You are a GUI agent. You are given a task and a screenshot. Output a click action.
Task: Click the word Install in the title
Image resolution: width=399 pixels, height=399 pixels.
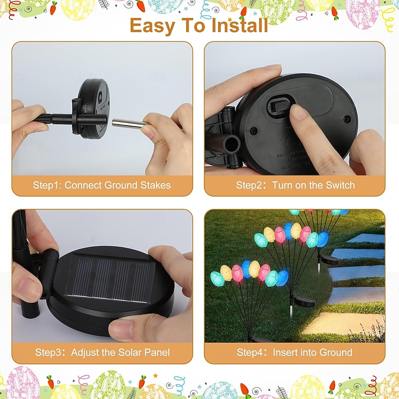pyautogui.click(x=240, y=25)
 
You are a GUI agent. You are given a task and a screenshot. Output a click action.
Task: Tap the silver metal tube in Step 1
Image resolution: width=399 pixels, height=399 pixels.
pyautogui.click(x=130, y=124)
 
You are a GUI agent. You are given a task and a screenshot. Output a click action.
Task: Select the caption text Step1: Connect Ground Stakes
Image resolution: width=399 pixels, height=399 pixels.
pyautogui.click(x=102, y=185)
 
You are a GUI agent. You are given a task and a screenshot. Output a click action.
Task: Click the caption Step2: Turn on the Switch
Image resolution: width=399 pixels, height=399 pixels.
pyautogui.click(x=295, y=185)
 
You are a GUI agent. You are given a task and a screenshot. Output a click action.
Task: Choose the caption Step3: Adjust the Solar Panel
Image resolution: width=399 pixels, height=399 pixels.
pyautogui.click(x=102, y=353)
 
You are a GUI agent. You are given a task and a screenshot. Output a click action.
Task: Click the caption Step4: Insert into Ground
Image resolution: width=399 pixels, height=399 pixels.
pyautogui.click(x=294, y=353)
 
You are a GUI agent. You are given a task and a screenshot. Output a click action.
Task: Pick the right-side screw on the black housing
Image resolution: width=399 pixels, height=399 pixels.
pyautogui.click(x=347, y=119)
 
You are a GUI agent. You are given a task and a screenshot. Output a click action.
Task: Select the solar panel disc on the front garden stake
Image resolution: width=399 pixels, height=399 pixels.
pyautogui.click(x=304, y=302)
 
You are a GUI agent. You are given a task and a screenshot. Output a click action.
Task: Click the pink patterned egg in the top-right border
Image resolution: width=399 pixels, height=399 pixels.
pyautogui.click(x=363, y=13)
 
